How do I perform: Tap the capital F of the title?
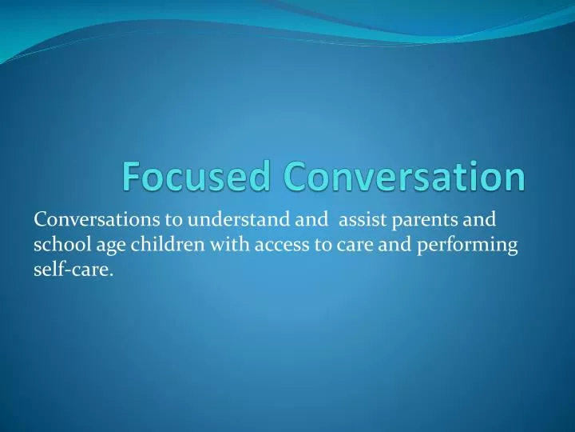pyautogui.click(x=132, y=177)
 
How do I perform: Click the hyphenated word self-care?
pyautogui.click(x=72, y=272)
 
